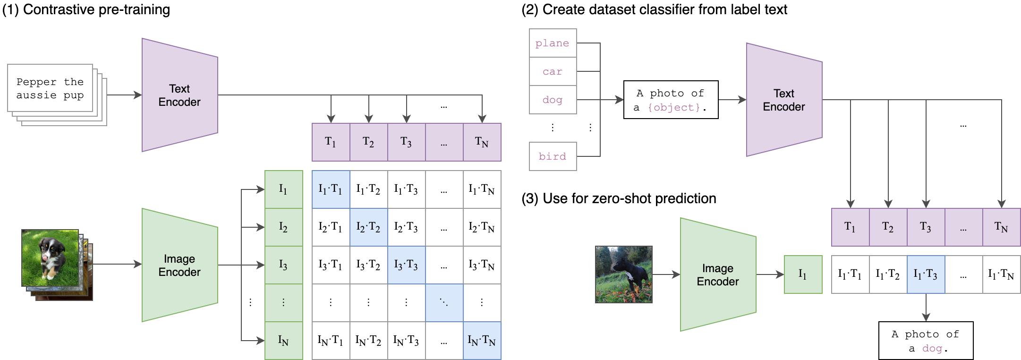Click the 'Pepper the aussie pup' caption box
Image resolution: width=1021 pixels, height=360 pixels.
tap(50, 88)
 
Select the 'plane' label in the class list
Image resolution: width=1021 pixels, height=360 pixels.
tap(553, 43)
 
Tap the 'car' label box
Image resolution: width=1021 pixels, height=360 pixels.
tap(553, 71)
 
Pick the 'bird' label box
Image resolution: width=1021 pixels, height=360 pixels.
tap(553, 156)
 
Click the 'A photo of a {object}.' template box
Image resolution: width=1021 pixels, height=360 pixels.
tap(671, 100)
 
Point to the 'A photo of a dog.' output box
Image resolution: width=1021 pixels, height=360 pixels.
tap(926, 341)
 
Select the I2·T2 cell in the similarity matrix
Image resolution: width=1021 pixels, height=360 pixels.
tap(368, 227)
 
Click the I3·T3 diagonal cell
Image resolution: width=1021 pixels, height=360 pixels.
tap(406, 265)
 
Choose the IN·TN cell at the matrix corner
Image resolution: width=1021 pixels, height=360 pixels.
tap(482, 341)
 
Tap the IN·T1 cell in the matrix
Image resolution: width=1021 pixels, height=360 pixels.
tap(331, 341)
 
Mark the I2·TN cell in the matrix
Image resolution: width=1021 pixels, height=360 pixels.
tap(482, 227)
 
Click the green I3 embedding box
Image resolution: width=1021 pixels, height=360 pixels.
tap(283, 265)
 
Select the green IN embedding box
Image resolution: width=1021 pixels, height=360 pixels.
tap(283, 341)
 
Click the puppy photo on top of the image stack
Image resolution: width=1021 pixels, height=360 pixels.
tap(50, 257)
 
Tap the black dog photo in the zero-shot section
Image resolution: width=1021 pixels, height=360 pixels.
tap(623, 274)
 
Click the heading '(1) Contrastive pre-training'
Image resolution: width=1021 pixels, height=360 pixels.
tap(86, 9)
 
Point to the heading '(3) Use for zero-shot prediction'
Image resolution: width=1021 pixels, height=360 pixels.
tap(619, 198)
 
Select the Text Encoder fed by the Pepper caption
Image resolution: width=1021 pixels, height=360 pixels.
tap(179, 95)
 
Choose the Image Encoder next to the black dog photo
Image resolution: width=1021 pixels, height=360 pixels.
tap(718, 274)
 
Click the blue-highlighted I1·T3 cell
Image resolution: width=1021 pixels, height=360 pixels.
tap(926, 274)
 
